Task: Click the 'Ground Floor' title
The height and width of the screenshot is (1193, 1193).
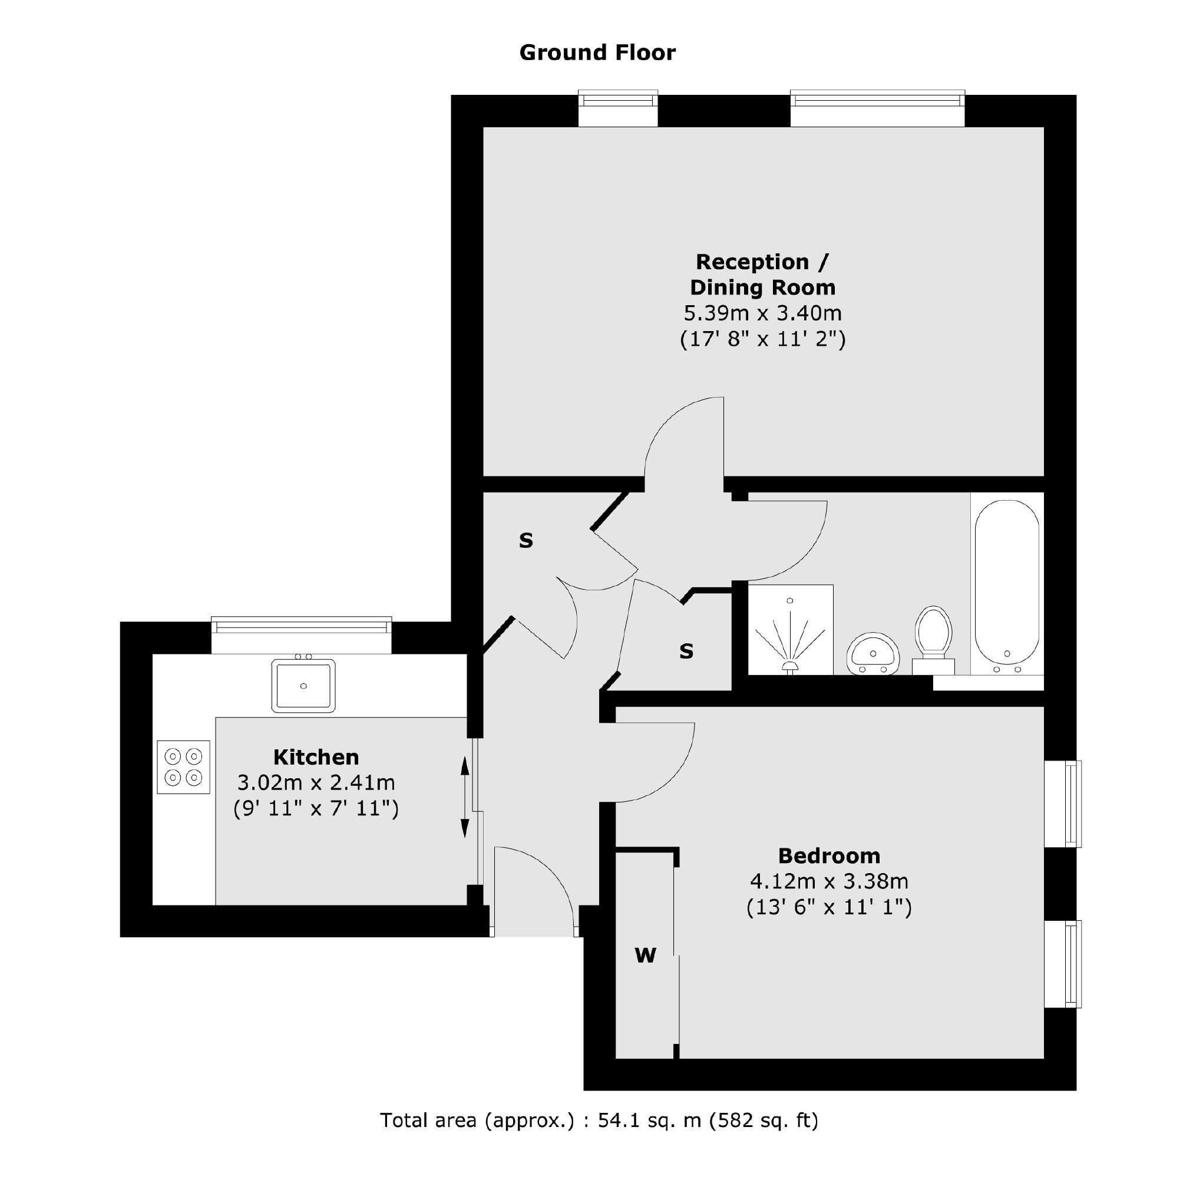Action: point(597,52)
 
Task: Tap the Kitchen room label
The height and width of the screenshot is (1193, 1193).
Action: point(316,757)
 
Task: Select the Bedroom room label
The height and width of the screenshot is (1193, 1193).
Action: point(829,856)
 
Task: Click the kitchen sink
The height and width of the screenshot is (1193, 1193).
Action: point(303,685)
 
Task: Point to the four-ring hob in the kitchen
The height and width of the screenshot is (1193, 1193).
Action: point(183,767)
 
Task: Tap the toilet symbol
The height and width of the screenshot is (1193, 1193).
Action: point(933,640)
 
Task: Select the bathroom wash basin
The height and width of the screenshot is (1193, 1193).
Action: point(873,654)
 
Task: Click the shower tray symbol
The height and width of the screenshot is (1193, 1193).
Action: point(791,630)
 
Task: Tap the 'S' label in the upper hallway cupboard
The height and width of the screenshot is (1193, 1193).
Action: point(526,540)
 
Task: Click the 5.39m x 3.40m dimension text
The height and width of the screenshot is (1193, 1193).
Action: point(762,313)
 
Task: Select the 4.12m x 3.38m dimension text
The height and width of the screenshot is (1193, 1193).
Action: point(829,881)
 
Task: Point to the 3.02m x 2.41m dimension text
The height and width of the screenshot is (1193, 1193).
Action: point(316,782)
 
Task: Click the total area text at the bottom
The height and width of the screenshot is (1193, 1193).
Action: point(599,1119)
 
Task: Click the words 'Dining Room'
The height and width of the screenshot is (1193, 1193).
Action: point(762,287)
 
